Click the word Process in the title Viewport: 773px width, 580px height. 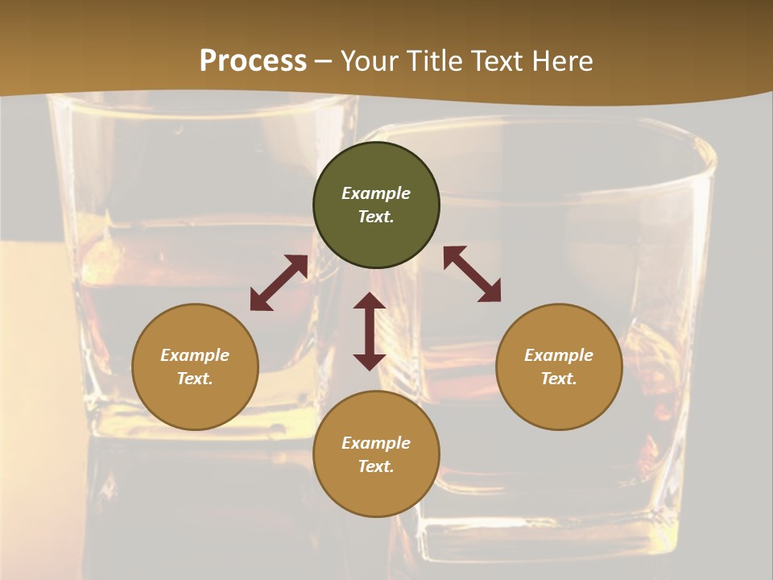pos(253,61)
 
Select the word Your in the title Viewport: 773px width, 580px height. pos(370,61)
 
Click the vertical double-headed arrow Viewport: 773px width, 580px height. pos(370,331)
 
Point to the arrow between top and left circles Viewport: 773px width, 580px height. pos(279,283)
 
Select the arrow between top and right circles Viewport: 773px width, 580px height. pos(472,274)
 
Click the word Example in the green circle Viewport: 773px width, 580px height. pos(376,193)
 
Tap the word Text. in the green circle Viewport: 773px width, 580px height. pos(376,217)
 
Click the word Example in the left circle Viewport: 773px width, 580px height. pos(195,355)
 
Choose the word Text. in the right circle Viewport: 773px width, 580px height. pos(559,379)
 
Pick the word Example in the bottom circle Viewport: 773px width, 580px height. pos(376,443)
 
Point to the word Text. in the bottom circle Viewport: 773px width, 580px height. pos(376,466)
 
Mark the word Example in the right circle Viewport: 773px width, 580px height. pos(559,355)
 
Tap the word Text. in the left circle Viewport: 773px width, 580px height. pos(195,379)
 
